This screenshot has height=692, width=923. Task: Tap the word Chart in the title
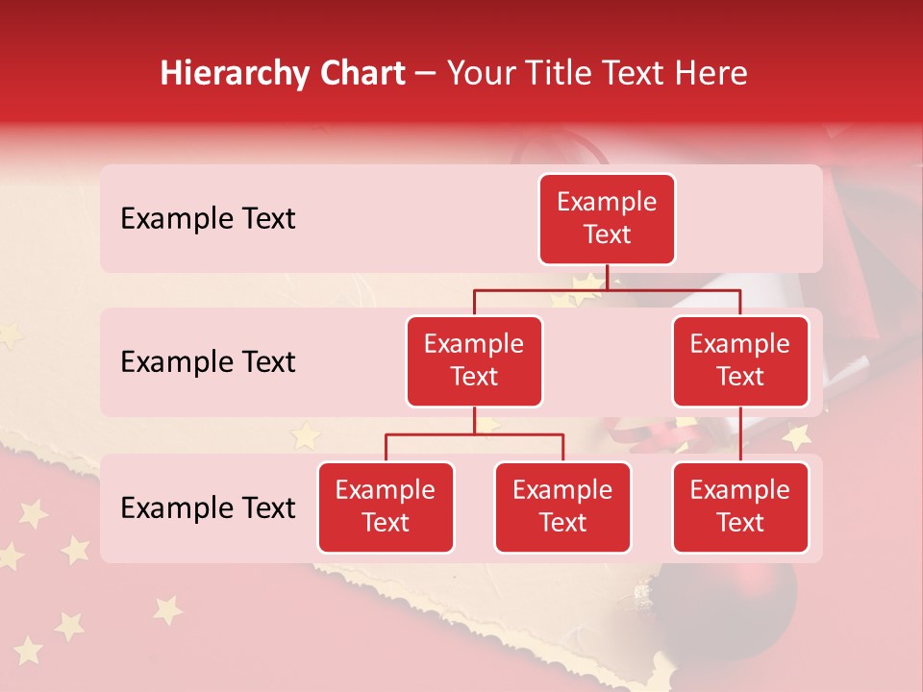359,74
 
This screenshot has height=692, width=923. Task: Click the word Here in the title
712,74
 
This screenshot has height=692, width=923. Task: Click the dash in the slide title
426,74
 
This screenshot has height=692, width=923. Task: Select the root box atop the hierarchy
607,218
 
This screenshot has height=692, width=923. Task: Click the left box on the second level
474,360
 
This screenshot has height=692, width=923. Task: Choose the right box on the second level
740,360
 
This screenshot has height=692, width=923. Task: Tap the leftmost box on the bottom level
386,507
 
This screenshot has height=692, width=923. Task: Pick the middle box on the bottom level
562,507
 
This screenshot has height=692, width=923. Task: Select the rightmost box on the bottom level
740,507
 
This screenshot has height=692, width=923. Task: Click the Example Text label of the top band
208,219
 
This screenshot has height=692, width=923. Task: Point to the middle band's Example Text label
208,362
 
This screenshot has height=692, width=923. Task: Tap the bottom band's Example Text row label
208,508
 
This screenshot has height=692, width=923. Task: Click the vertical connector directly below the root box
607,277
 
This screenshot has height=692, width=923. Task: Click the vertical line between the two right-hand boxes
740,434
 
